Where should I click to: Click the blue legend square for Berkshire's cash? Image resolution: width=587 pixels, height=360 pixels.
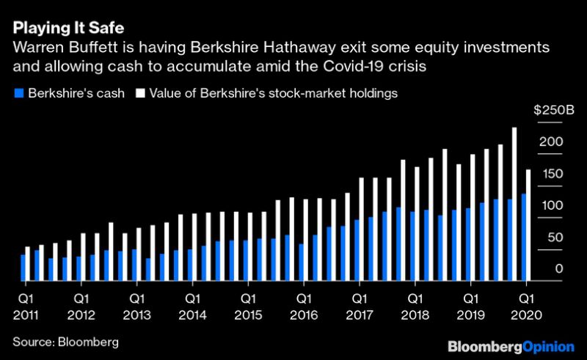[18, 93]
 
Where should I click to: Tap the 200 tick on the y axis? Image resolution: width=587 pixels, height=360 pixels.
[551, 142]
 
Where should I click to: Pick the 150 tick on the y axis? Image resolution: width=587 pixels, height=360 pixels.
[551, 174]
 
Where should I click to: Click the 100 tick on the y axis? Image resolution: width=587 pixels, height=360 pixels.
[551, 205]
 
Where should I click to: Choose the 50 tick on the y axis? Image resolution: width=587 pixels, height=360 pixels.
[554, 238]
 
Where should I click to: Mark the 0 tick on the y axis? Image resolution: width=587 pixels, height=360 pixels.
[558, 270]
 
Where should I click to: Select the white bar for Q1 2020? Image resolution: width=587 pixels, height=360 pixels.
[528, 224]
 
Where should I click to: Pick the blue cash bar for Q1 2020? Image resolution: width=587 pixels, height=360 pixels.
[522, 236]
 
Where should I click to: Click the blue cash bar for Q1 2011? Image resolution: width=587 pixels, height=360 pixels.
[23, 267]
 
